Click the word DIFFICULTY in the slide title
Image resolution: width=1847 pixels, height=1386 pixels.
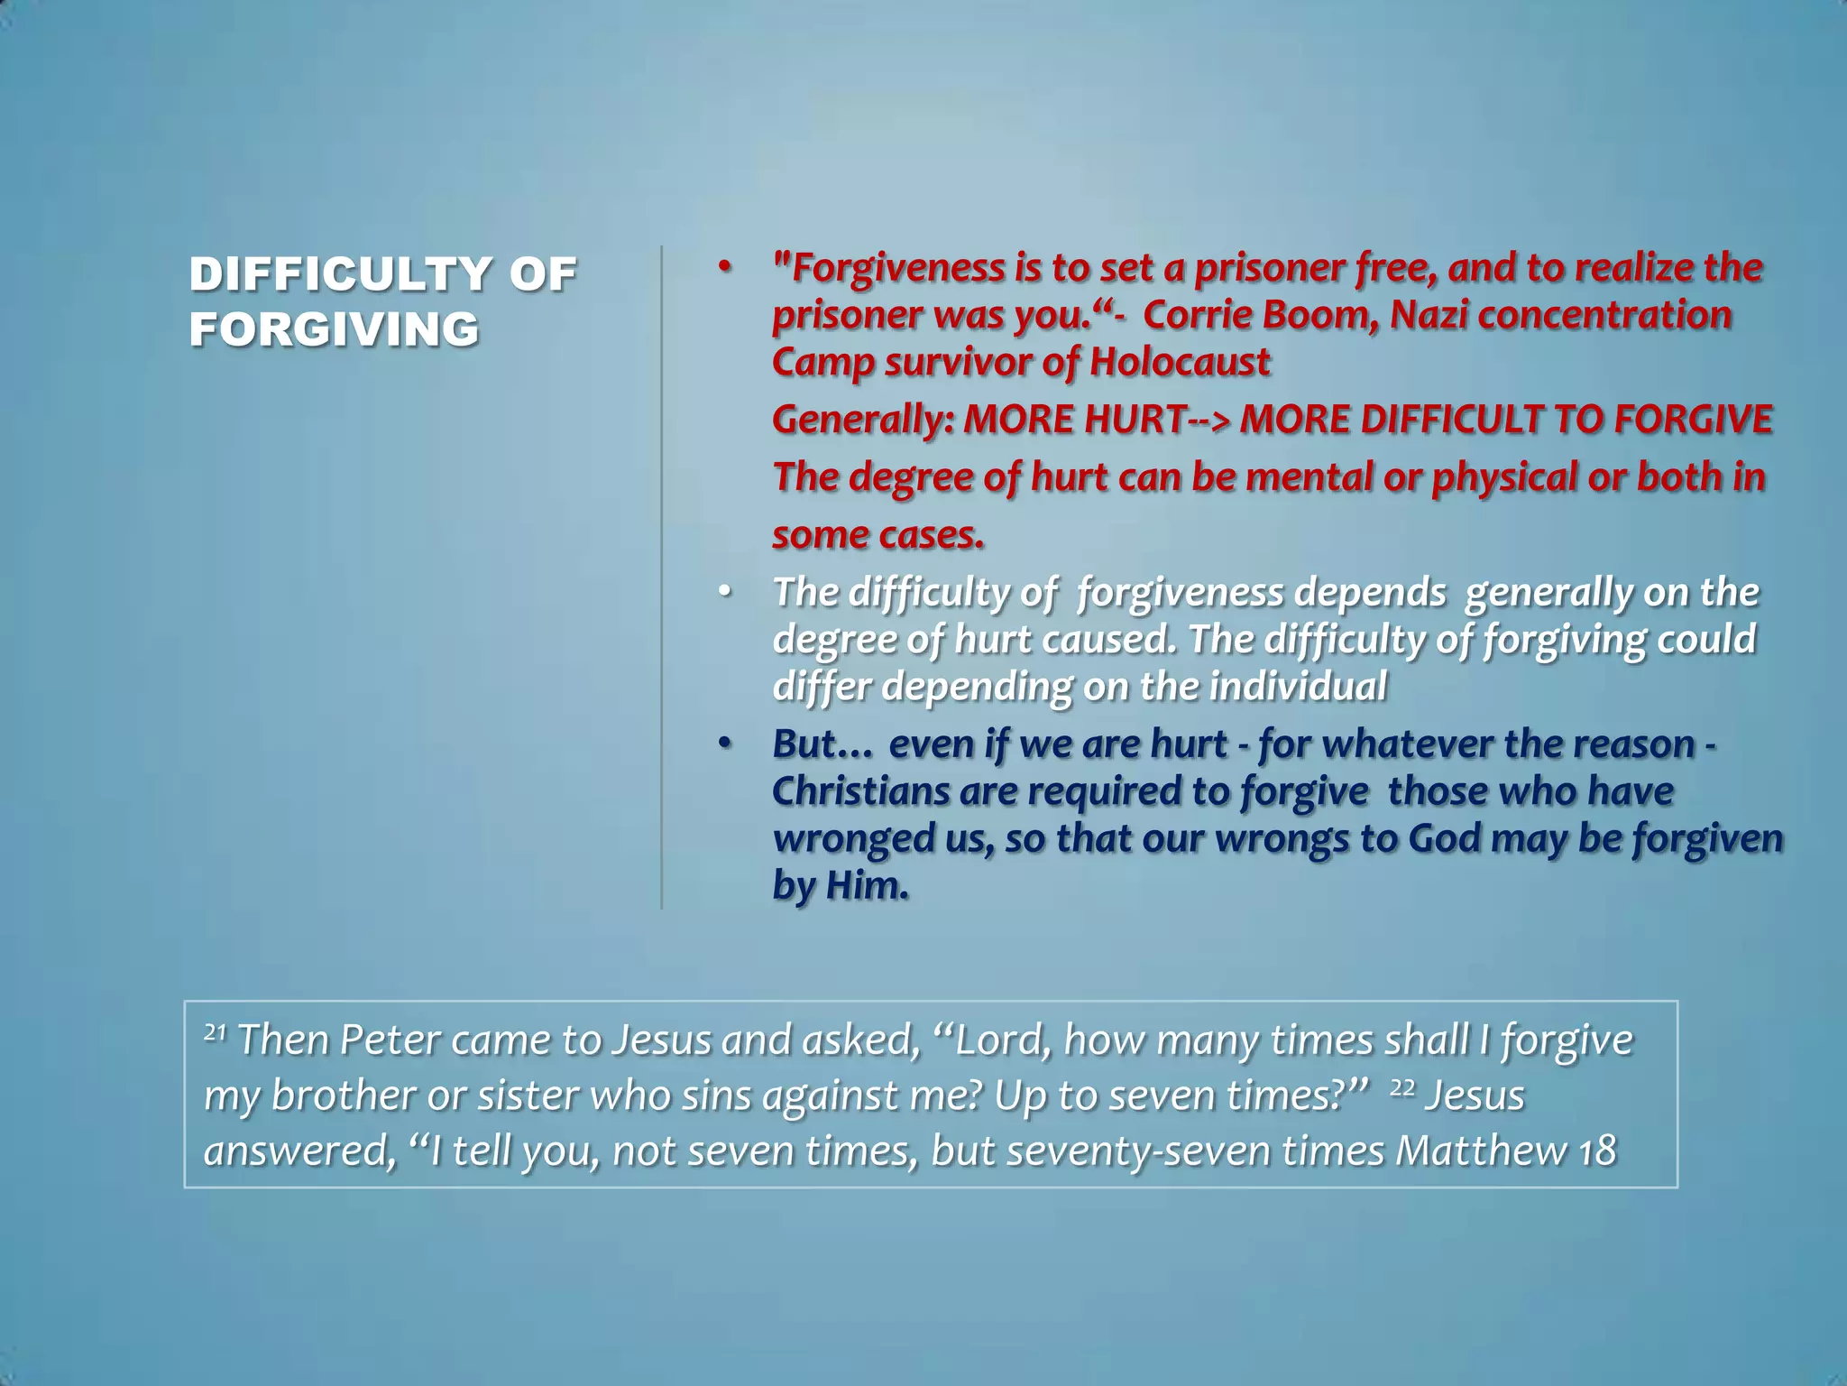click(341, 274)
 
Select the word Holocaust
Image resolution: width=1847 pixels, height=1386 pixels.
click(1180, 362)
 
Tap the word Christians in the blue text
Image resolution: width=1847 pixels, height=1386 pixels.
click(860, 791)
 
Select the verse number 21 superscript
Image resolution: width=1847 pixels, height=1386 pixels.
click(215, 1031)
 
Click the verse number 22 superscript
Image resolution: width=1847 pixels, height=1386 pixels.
click(1402, 1087)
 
